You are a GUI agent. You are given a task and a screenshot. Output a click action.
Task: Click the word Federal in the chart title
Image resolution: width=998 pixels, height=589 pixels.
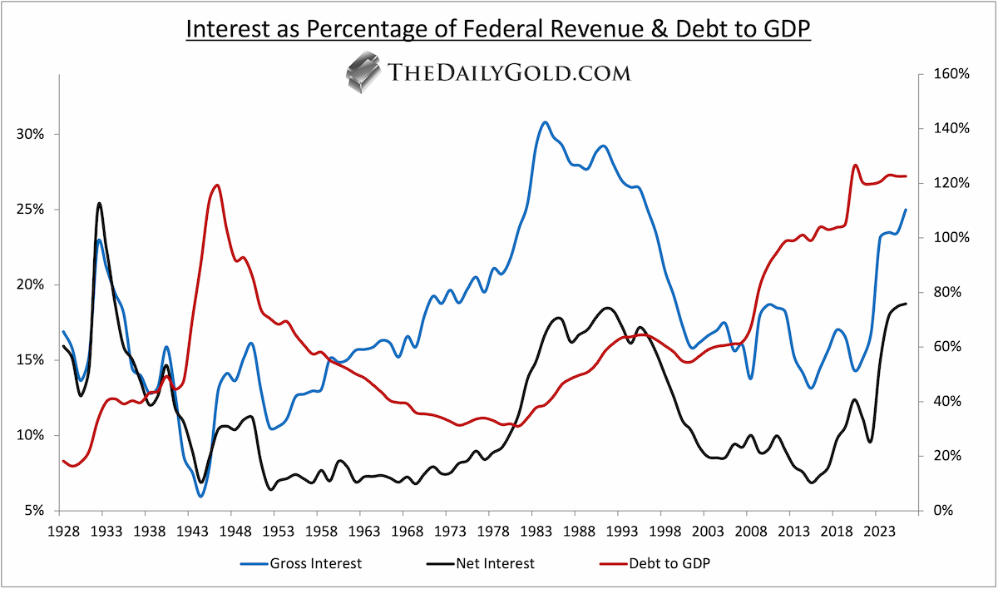(502, 28)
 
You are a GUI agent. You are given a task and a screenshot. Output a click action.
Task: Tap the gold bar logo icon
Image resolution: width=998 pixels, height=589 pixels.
(363, 72)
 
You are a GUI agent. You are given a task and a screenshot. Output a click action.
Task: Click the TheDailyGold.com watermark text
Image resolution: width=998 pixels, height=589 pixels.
(509, 72)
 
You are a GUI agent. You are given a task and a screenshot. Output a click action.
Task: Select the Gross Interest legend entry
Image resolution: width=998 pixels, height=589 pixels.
(301, 563)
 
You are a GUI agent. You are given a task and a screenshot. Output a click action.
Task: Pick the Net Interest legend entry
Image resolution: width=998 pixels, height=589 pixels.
(481, 563)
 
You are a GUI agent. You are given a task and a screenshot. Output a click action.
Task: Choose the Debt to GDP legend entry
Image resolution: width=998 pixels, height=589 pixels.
(655, 563)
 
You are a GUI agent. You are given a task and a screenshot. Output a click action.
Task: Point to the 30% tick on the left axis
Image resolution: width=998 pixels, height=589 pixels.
(30, 134)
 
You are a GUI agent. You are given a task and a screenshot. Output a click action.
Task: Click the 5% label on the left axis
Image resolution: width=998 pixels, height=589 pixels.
(34, 511)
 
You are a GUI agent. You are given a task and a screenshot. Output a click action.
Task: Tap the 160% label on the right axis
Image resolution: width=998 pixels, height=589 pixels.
(951, 74)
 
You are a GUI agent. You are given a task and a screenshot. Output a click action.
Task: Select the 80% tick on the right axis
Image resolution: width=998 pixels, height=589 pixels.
(947, 292)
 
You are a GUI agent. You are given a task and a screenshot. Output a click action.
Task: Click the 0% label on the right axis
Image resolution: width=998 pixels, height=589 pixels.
(943, 511)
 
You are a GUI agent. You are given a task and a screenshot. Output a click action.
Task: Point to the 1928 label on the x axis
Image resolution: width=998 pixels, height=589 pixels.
(64, 532)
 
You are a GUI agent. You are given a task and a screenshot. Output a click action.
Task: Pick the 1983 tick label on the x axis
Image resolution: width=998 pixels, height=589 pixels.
(536, 532)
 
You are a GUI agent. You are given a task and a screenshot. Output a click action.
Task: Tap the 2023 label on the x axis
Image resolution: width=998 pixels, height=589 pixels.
(880, 532)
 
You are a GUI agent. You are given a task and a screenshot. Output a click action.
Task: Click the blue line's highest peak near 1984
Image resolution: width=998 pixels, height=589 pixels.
(545, 122)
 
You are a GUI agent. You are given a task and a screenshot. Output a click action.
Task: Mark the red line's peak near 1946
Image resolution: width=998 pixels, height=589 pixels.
(217, 185)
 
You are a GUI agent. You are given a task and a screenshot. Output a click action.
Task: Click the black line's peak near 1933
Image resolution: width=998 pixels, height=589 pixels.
(99, 204)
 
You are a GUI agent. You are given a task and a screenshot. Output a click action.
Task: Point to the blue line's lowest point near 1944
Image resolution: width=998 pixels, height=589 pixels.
(201, 496)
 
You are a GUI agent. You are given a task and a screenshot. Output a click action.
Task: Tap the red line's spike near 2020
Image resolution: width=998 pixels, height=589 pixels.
(856, 166)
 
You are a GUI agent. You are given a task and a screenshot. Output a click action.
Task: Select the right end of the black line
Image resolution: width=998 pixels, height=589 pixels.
(906, 304)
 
